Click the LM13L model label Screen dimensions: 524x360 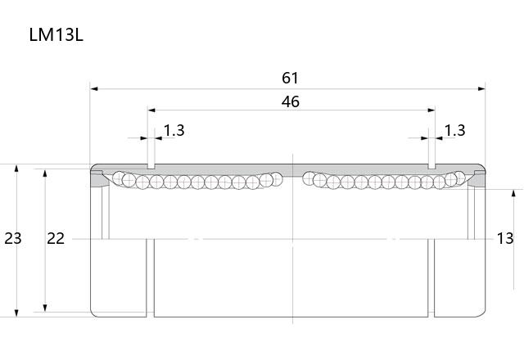[56, 34]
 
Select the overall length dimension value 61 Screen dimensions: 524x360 [290, 78]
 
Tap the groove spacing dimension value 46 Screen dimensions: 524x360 [290, 101]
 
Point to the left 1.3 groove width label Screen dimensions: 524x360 [174, 130]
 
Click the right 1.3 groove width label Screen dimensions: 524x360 [454, 130]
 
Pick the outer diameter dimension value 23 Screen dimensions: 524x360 [13, 238]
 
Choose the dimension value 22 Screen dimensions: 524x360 [56, 238]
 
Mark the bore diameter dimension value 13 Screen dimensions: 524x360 [505, 238]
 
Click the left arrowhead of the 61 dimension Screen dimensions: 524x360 [94, 89]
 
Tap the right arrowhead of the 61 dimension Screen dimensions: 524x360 [481, 89]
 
